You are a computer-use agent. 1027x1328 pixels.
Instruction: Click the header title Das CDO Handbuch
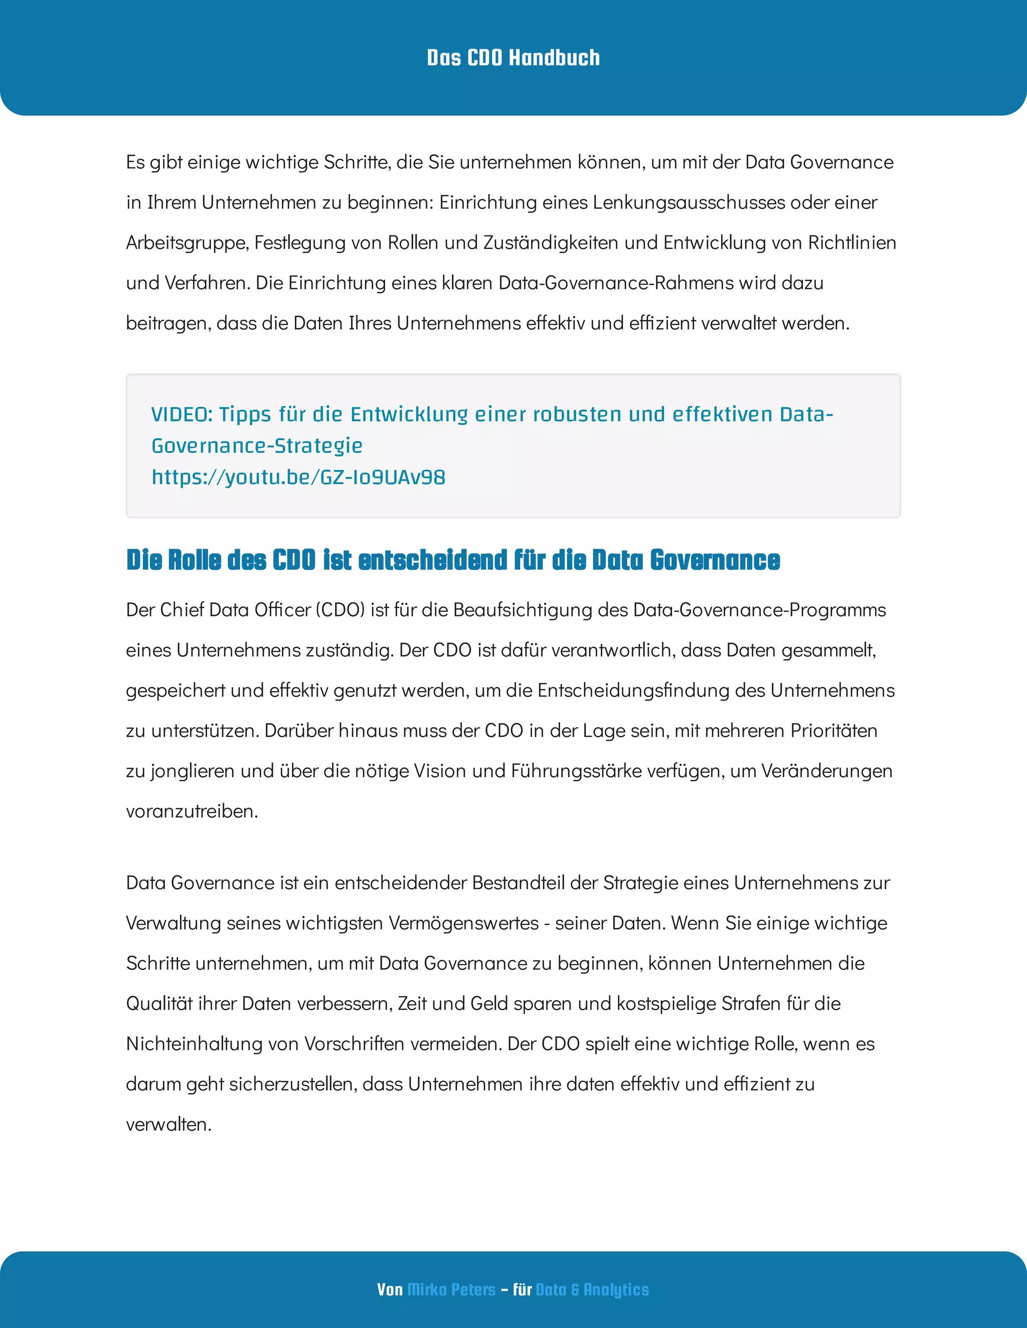tap(513, 58)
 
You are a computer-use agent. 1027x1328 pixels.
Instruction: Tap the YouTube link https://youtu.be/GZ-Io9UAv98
tap(298, 477)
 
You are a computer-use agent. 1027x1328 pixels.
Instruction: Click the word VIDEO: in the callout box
tap(182, 415)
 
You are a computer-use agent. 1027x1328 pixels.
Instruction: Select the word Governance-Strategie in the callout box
tap(257, 446)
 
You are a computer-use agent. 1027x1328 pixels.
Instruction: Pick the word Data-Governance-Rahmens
tap(616, 283)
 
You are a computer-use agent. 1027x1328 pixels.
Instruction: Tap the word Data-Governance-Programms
tap(759, 610)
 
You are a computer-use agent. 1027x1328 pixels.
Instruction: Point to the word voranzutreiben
tap(191, 811)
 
